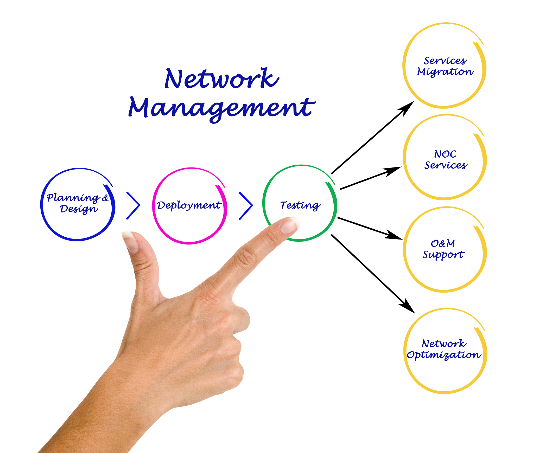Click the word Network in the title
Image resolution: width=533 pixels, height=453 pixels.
(222, 79)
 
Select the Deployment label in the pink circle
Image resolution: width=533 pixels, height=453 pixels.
(189, 205)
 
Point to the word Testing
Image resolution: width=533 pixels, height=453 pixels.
(300, 205)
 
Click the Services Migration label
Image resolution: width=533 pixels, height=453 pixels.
(445, 66)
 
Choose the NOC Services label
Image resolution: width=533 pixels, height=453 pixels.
(446, 159)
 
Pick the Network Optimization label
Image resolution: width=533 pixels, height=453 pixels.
(444, 349)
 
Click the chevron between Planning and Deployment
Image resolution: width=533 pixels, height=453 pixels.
(133, 205)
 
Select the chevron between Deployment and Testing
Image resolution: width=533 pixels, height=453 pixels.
(246, 206)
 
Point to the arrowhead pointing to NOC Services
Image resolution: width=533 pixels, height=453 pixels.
(394, 171)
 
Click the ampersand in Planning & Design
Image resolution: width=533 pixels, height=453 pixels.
(105, 198)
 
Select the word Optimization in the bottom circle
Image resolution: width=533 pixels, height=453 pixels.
(444, 355)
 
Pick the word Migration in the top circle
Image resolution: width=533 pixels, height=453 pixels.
(445, 72)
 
